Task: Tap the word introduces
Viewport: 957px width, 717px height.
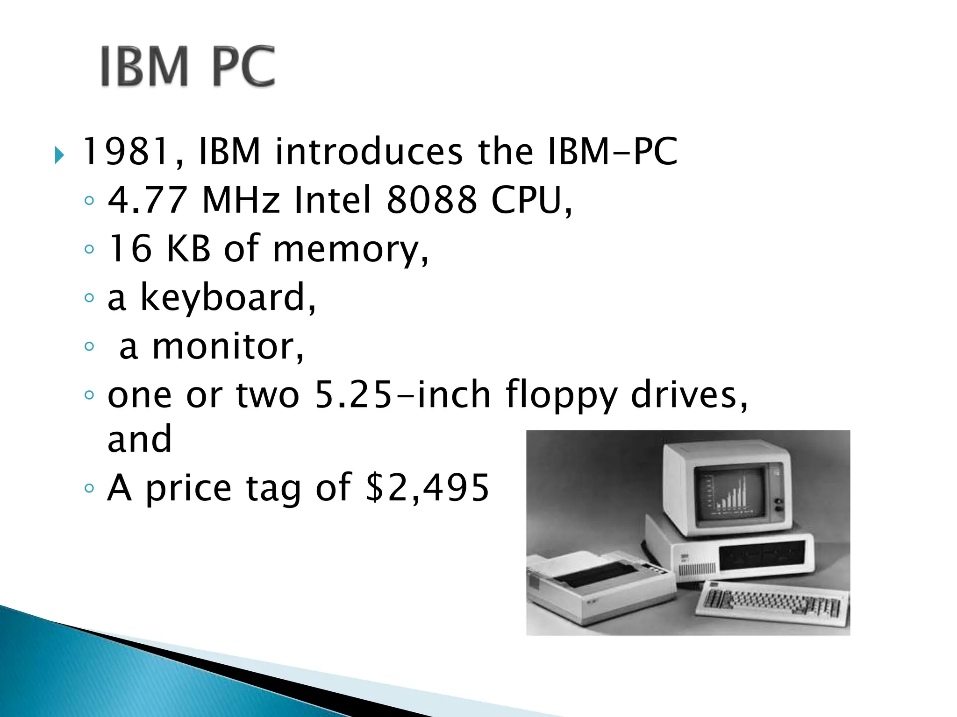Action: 369,152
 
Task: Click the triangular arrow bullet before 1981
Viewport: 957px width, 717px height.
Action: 59,155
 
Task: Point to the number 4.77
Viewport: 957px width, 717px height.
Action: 148,200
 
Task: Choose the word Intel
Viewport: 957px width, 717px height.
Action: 333,200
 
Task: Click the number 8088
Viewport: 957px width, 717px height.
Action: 432,200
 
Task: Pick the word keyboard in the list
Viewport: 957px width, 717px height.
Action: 222,297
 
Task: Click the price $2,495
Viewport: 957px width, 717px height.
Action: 427,488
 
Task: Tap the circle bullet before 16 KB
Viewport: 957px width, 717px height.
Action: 89,249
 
